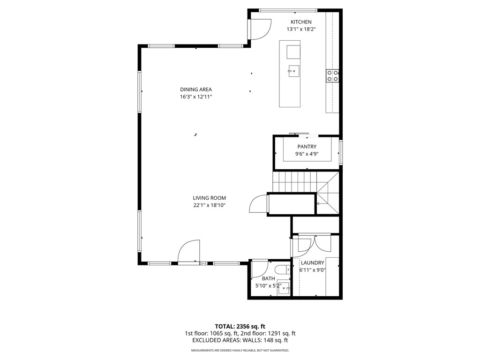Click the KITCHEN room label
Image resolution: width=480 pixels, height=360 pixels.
301,22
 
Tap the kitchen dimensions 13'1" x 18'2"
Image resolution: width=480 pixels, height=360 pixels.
301,29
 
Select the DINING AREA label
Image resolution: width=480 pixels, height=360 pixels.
196,90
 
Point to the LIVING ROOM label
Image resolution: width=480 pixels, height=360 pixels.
209,198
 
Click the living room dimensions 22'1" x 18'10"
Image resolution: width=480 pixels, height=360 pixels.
209,205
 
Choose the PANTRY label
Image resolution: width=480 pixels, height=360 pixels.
307,147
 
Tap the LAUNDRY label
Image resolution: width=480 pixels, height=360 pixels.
312,263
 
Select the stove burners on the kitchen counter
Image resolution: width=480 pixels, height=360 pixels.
333,75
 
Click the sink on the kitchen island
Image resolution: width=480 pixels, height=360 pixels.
293,71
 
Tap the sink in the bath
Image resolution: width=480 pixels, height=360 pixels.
284,287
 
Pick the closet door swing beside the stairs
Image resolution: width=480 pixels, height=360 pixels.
259,204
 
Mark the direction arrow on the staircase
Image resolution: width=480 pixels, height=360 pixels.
319,203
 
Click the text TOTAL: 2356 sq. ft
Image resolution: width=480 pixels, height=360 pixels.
240,326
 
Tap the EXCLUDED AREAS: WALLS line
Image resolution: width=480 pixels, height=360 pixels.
240,340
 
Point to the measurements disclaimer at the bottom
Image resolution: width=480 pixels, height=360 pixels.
240,351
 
